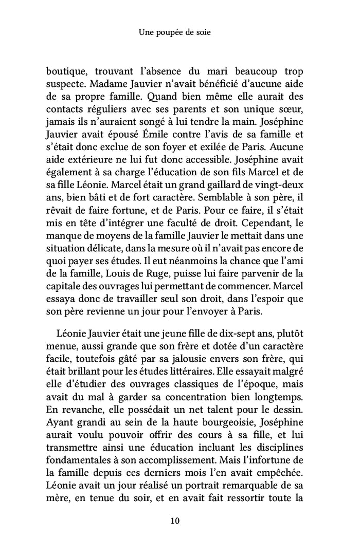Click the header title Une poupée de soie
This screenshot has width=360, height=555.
(x=175, y=32)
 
